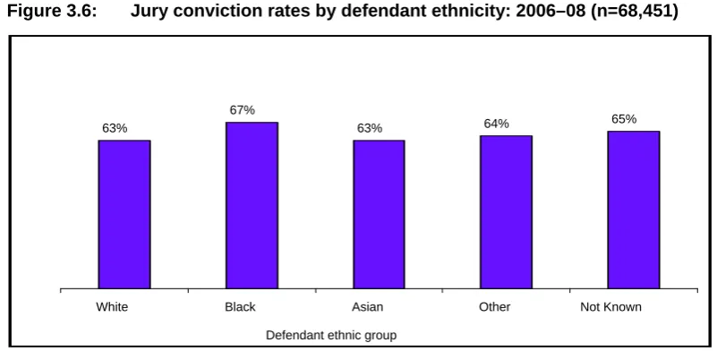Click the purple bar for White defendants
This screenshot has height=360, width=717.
point(124,214)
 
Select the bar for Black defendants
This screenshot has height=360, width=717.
point(252,205)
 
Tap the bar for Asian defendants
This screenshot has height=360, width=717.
point(379,214)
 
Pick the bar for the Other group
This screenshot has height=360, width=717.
point(506,212)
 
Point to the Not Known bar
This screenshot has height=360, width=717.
point(634,210)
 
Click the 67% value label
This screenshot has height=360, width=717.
point(243,110)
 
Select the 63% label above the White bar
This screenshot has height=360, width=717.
point(115,128)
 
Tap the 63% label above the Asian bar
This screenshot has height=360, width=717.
point(370,128)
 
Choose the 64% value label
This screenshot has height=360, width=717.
point(497,124)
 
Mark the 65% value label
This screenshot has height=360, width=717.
point(624,119)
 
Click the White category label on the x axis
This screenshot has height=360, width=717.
point(112,306)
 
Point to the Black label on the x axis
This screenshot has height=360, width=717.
point(240,306)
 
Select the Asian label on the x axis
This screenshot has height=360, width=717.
point(367,306)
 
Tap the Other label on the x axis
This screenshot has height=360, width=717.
point(495,306)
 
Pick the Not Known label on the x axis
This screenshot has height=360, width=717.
point(610,306)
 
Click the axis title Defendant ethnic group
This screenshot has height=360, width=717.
point(331,335)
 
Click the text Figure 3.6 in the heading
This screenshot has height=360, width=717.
point(52,11)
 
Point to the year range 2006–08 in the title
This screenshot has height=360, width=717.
point(551,11)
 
